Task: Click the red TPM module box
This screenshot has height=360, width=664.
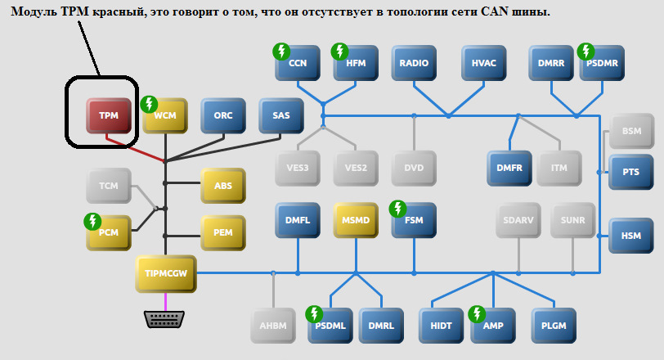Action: pos(109,116)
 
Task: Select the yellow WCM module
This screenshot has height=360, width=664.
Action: pos(165,116)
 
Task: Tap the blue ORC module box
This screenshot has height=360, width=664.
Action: pos(223,116)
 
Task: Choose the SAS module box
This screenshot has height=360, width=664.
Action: pos(281,116)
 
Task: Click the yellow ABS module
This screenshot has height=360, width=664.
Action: pos(223,187)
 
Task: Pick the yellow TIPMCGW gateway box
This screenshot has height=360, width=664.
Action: pos(165,273)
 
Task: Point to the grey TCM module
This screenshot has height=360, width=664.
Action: pos(109,187)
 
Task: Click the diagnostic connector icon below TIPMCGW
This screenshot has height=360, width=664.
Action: pos(165,319)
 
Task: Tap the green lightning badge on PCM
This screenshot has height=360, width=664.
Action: pos(92,221)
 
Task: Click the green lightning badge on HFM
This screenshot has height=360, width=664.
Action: pos(339,52)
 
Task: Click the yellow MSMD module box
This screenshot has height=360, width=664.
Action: pos(356,220)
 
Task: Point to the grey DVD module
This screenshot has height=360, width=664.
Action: pos(414,169)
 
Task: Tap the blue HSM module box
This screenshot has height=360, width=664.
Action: pos(630,236)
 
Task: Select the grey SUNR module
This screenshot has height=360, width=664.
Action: pos(572,220)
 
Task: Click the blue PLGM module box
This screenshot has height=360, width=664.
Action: pos(554,326)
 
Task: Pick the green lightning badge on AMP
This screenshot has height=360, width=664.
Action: pos(478,313)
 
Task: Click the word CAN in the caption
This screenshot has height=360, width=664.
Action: pos(500,13)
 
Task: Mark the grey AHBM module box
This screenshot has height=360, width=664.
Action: pos(273,326)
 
